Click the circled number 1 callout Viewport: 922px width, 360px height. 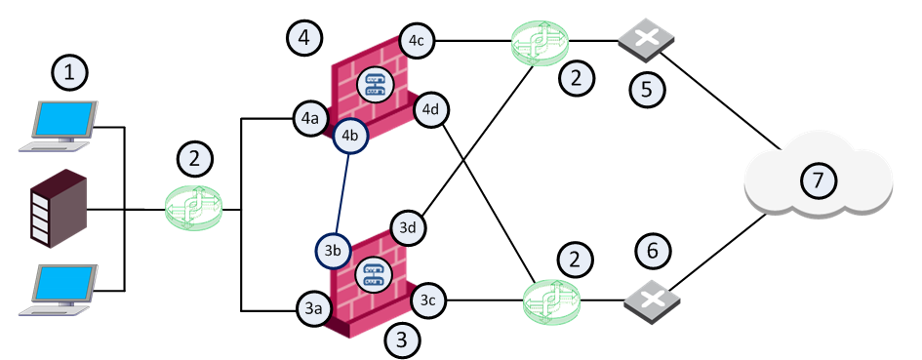pos(70,73)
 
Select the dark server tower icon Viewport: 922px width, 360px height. pos(59,208)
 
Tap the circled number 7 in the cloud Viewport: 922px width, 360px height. pos(819,180)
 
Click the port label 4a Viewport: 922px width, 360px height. pos(310,119)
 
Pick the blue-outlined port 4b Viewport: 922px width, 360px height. pos(350,136)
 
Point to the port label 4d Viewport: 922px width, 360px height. pos(432,109)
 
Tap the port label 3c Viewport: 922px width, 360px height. pos(428,301)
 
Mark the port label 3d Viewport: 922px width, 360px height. pos(410,227)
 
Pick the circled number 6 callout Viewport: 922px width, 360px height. pos(653,252)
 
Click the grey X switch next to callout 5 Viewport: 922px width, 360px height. pos(646,39)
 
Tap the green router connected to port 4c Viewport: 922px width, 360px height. pos(540,43)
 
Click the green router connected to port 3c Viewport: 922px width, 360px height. pos(551,301)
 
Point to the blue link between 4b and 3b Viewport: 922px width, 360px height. pos(341,193)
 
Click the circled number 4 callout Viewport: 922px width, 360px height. pos(304,38)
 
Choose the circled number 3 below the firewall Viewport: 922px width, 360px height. pos(402,340)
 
